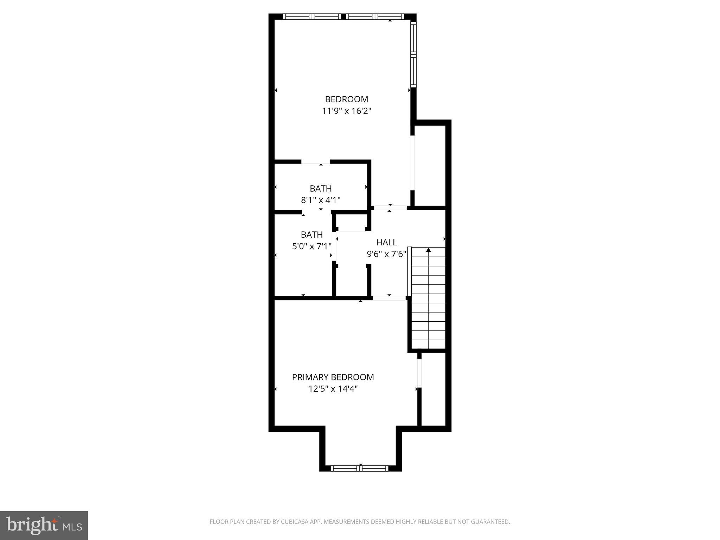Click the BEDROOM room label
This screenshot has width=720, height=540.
[346, 99]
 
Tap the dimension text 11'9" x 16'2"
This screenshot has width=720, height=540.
[347, 111]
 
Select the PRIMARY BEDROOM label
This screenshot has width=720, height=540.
[333, 377]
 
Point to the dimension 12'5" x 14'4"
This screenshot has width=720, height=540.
[333, 389]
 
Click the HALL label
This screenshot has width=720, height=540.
[386, 242]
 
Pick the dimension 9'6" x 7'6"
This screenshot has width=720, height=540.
[386, 254]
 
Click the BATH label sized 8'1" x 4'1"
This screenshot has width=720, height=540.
[321, 188]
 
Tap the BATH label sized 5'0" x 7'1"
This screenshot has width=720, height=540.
[312, 234]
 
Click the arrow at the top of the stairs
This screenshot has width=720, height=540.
[428, 250]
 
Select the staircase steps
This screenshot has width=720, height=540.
[428, 302]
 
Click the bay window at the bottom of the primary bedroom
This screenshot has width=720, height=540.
[360, 468]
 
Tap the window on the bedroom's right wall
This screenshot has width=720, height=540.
[414, 54]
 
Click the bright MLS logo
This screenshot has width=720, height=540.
[44, 525]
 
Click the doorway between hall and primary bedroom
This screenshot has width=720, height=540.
[389, 298]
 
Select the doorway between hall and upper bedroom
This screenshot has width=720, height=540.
[390, 208]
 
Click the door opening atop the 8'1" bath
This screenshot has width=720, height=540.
[316, 162]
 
